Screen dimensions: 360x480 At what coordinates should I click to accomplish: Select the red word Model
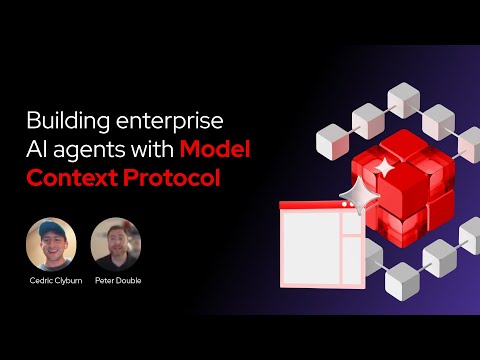214,150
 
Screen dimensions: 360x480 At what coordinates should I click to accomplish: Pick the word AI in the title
37,150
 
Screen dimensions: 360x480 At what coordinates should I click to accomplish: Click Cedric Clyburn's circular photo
51,243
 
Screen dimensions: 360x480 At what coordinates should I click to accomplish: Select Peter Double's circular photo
116,243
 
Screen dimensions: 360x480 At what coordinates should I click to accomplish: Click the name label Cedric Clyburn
51,282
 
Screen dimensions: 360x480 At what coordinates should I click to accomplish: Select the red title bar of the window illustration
318,206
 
